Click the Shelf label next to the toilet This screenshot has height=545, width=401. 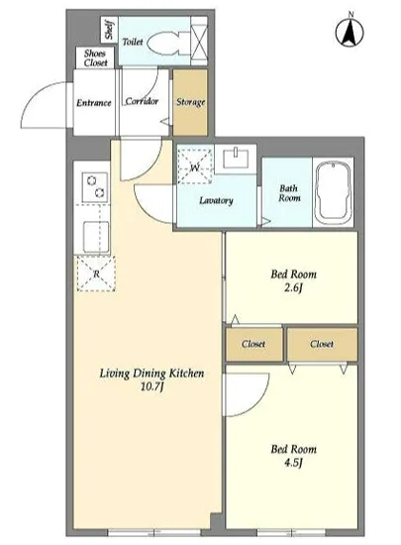point(109,30)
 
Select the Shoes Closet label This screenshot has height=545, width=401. point(95,58)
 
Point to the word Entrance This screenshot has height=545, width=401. point(94,103)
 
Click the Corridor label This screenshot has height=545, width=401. point(142,101)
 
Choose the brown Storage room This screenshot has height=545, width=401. point(190,102)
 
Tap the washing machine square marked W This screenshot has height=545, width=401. point(195,166)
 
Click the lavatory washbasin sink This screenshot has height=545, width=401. point(236,159)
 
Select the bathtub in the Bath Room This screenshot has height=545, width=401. point(333,192)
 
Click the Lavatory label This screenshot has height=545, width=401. point(216,200)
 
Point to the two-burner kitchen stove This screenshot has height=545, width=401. point(95,187)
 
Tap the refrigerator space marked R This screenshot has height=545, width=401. point(96,273)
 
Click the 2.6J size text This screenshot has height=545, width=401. point(294,288)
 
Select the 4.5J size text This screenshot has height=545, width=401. point(294,463)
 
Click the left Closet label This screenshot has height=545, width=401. point(253,344)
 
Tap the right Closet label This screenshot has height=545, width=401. point(322,344)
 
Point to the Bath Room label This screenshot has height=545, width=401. point(289,193)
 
